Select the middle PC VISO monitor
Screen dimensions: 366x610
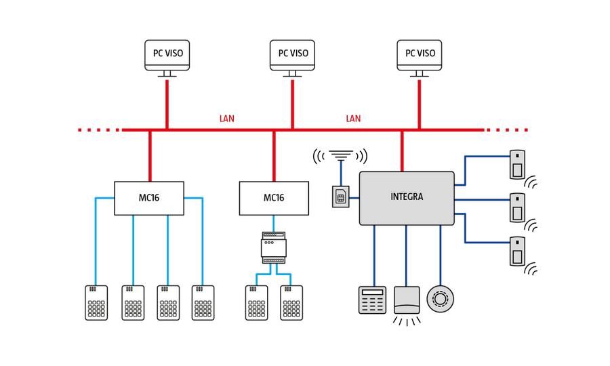[x=293, y=54]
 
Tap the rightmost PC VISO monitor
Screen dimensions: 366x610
[x=420, y=54]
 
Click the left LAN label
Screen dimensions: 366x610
[x=226, y=119]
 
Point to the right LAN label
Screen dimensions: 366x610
[x=353, y=119]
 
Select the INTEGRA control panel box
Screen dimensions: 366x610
[x=407, y=198]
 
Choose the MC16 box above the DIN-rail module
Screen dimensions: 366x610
[x=274, y=198]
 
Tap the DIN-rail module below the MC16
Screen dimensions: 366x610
[x=274, y=248]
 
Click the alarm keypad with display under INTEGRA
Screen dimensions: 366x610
[x=372, y=300]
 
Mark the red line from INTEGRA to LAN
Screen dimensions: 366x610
[x=403, y=150]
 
